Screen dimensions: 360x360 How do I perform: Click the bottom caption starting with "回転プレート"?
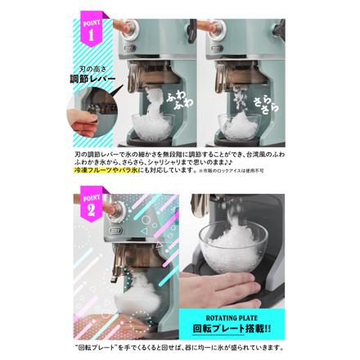point(179,347)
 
